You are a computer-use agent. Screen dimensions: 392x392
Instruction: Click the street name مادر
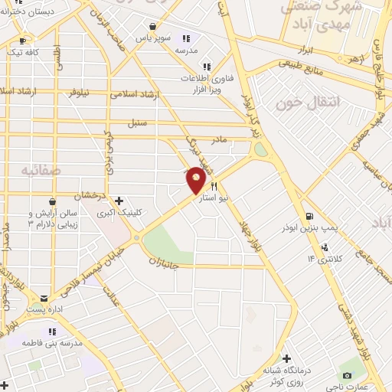[220, 139]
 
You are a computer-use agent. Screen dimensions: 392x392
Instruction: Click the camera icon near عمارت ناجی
[347, 376]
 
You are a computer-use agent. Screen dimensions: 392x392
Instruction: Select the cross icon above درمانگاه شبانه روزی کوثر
[286, 358]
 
